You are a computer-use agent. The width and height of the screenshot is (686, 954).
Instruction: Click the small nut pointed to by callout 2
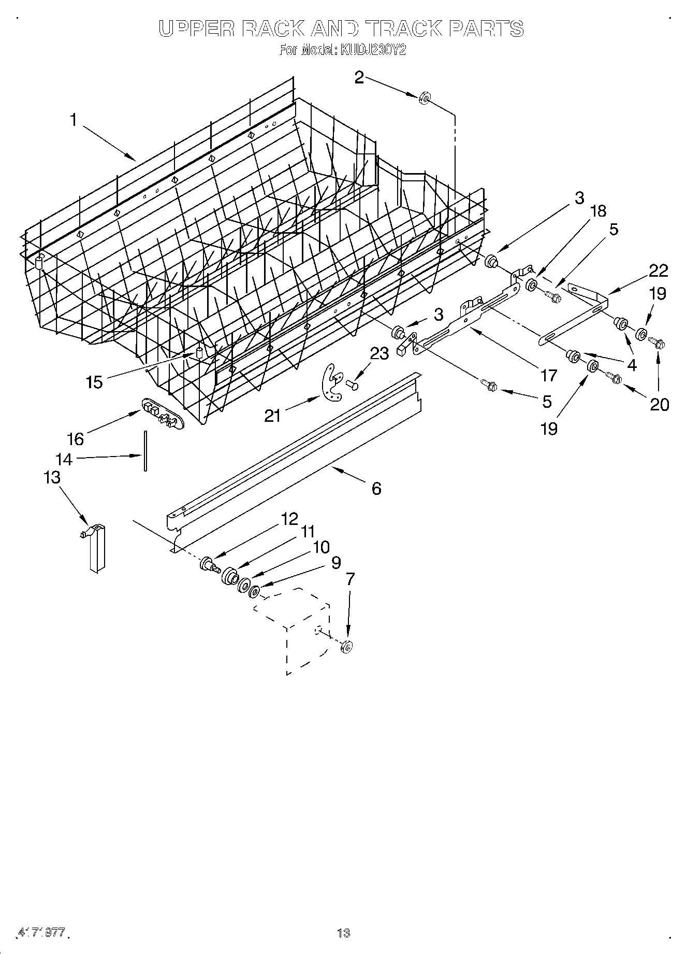pyautogui.click(x=424, y=97)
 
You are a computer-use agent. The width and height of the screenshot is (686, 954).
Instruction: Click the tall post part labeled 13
pyautogui.click(x=96, y=549)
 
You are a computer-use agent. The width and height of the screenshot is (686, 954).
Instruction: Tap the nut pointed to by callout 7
pyautogui.click(x=347, y=646)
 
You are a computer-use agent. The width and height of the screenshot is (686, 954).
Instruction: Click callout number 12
pyautogui.click(x=289, y=518)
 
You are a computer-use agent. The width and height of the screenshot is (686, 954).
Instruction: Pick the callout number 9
pyautogui.click(x=336, y=562)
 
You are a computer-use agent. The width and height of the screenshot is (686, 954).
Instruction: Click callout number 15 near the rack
pyautogui.click(x=95, y=382)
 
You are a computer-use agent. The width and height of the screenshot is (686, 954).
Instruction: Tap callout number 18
pyautogui.click(x=598, y=210)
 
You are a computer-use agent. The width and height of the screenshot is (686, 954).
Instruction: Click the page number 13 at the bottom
pyautogui.click(x=343, y=933)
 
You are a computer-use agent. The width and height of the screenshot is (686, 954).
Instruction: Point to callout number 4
pyautogui.click(x=631, y=365)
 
